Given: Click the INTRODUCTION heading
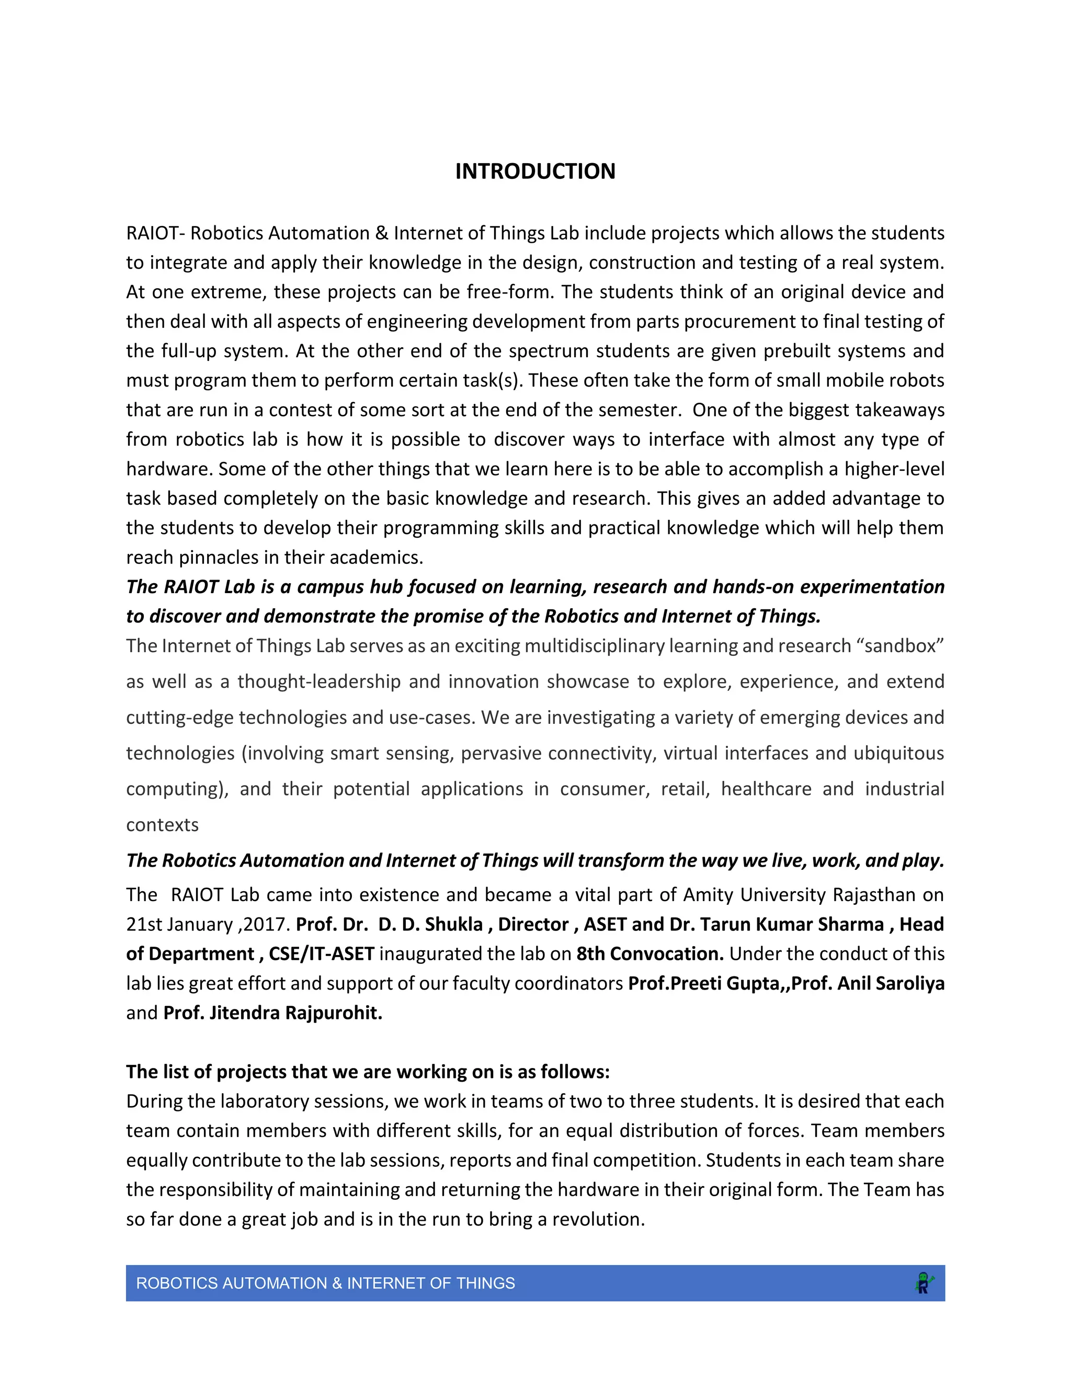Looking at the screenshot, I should tap(535, 172).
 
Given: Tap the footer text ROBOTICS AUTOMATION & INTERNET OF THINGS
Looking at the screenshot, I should tap(325, 1283).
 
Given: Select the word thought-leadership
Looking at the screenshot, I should tap(319, 681).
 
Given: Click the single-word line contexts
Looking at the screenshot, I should tap(163, 824).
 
